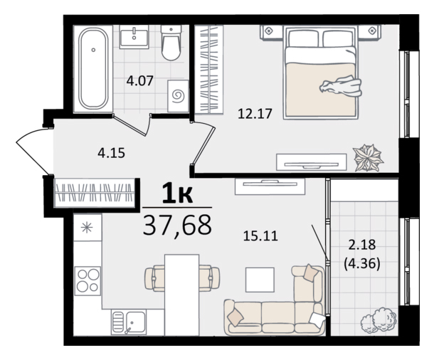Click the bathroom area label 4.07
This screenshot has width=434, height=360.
[x=139, y=81]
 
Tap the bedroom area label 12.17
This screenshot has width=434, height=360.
[x=255, y=114]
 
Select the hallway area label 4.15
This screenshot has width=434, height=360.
[x=111, y=153]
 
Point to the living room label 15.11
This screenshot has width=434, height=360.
[x=260, y=236]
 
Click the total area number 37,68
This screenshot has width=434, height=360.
[x=177, y=225]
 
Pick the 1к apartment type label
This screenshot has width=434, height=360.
[x=177, y=194]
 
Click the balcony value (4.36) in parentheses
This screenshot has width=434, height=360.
[x=362, y=264]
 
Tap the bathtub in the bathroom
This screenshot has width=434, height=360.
[x=93, y=69]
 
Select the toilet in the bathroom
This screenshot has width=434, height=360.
[x=171, y=43]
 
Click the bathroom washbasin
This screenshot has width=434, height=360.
[x=134, y=36]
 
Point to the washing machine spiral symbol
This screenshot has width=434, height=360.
[x=178, y=96]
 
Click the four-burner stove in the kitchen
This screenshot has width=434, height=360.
[x=88, y=280]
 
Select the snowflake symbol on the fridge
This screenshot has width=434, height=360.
[x=87, y=228]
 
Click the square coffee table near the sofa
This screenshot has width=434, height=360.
[x=260, y=280]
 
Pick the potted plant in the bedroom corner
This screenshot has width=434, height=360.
[x=368, y=157]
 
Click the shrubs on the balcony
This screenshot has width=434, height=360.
[x=379, y=319]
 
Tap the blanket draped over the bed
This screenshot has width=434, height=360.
[x=341, y=87]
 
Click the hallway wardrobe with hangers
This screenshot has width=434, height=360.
[x=94, y=193]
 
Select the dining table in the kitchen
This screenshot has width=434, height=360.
[x=182, y=295]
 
